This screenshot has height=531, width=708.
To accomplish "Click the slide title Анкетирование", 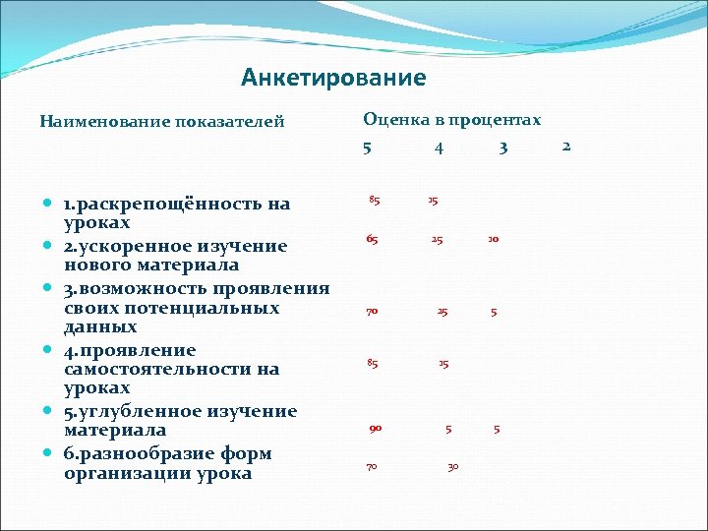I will [x=333, y=78].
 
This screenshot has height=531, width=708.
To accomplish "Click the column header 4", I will [x=439, y=148].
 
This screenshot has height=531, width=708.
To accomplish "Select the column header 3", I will [x=502, y=148].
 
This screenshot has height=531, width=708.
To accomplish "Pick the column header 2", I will [x=565, y=147].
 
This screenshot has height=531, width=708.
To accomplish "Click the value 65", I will [x=372, y=239].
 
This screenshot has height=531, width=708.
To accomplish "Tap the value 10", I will [x=493, y=239].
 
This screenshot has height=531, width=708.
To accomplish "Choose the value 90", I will [x=375, y=428].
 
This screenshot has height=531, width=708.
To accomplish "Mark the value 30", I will [x=452, y=466].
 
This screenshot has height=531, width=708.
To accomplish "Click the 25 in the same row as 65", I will [x=436, y=239].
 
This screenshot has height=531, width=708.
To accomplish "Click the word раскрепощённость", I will [x=177, y=205].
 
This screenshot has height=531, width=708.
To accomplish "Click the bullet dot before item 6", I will [x=47, y=453].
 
